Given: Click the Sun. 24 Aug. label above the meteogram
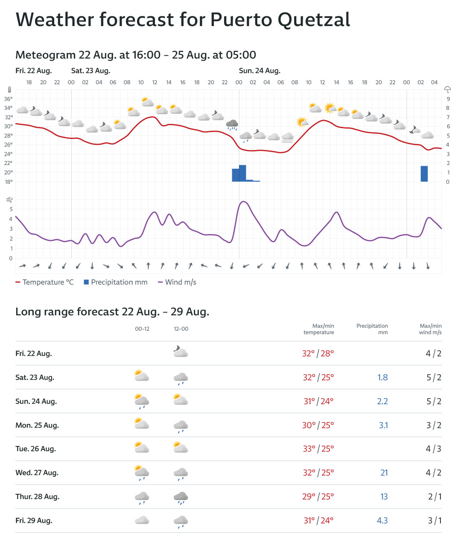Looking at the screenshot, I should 260,71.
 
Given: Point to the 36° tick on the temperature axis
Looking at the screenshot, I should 9,99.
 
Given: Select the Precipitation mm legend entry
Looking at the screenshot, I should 116,282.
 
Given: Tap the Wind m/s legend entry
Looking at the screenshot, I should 177,282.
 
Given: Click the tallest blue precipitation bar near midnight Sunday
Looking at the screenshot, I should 242,173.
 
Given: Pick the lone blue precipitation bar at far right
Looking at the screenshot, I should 424,173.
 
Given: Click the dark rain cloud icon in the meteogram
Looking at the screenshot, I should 232,125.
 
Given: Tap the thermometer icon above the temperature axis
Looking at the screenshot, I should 9,90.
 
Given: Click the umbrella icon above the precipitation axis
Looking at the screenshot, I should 447,89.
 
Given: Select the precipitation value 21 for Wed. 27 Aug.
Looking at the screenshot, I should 384,473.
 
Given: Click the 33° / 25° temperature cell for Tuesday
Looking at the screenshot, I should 318,449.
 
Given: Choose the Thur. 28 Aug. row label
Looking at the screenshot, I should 38,496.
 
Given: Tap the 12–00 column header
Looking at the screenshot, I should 181,329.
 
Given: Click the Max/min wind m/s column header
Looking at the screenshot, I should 430,329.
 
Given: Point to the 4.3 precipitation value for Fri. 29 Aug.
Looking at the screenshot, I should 382,520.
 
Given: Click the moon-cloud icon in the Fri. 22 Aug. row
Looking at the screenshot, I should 181,352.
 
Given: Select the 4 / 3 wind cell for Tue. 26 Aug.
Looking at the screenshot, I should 433,449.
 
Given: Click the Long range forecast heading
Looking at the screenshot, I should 112,312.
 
